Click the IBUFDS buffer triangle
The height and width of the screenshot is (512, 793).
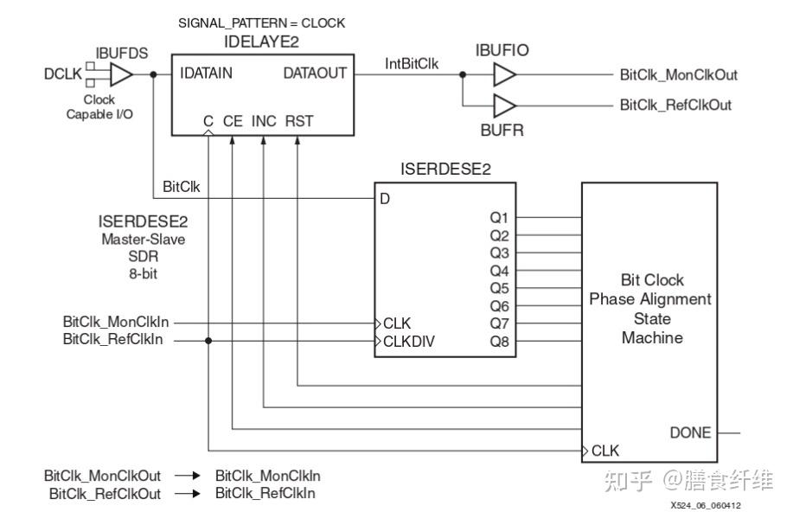120,74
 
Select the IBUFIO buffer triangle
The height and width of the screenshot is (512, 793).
504,75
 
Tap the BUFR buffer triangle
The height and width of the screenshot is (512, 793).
504,106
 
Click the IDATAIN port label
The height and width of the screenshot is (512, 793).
207,74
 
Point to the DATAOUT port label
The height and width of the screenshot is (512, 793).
315,74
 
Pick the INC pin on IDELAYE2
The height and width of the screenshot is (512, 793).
264,121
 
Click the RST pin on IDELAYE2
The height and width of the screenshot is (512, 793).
299,121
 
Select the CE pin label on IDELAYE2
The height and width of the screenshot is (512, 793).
233,121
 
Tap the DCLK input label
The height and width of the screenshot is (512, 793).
63,74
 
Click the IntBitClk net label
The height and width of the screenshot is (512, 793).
412,64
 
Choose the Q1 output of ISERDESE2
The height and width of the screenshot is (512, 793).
499,218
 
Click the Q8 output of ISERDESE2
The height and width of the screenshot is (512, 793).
499,342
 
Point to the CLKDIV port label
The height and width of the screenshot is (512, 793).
409,342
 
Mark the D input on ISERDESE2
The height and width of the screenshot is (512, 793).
385,199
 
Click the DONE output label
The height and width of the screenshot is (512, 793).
690,432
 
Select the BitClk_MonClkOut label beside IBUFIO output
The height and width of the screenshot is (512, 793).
679,75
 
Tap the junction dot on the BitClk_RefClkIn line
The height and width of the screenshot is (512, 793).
208,341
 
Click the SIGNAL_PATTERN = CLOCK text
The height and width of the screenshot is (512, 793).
261,23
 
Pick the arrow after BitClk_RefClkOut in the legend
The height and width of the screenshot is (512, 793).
188,493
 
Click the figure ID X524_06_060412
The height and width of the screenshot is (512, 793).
706,505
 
